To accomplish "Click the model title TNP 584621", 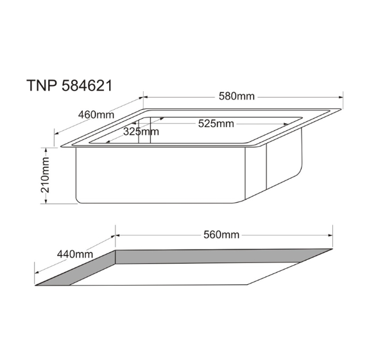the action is click(x=69, y=85).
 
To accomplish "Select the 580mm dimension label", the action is click(x=237, y=96).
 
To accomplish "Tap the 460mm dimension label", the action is click(x=96, y=115).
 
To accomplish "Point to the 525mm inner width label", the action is click(x=216, y=124).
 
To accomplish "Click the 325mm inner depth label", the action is click(x=141, y=132).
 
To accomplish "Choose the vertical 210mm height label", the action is click(x=45, y=175).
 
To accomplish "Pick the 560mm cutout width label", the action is click(x=221, y=235).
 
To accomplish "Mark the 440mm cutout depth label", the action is click(x=75, y=254).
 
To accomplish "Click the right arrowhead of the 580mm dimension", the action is click(x=340, y=97).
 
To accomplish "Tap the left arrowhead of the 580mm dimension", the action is click(x=146, y=97).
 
